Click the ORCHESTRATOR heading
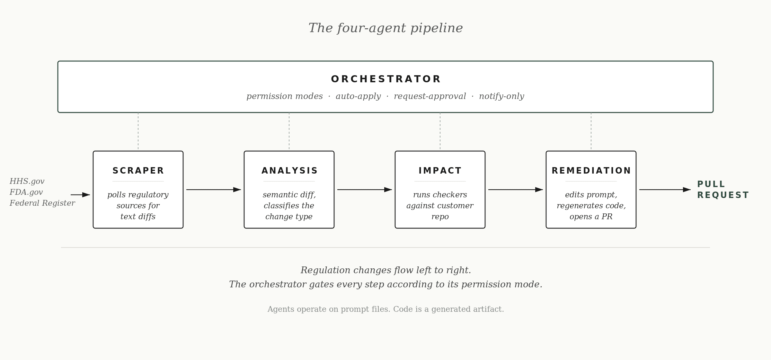coord(385,79)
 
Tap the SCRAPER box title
coord(138,171)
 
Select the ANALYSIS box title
coord(289,171)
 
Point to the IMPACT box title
coord(440,171)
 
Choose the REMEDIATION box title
coord(591,171)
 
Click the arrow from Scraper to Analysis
coord(213,190)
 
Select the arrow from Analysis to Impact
coord(364,190)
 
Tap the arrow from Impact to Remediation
coord(515,190)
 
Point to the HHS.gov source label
coord(27,181)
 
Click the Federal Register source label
coord(42,203)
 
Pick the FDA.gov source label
coord(26,192)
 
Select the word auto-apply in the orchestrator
coord(358,96)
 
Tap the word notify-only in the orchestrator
coord(501,96)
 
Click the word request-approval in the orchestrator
coord(430,96)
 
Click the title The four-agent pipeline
coord(385,28)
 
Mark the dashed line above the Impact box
coord(440,131)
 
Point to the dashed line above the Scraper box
coord(138,131)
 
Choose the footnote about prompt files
coord(385,309)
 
